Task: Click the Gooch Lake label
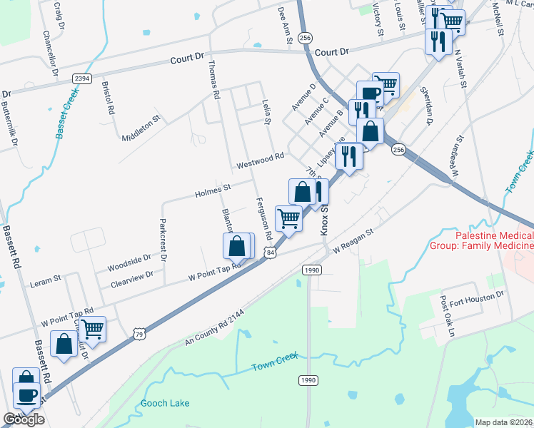point(166,404)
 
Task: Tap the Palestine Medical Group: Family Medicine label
point(494,241)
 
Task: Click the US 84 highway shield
point(269,253)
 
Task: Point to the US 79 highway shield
point(140,333)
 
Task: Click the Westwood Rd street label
point(261,160)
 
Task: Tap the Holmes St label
point(213,190)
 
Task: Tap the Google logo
point(24,419)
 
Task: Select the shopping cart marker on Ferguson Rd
point(288,218)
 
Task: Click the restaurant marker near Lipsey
point(348,156)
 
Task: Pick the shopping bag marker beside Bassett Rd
point(64,345)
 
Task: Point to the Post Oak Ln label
point(447,315)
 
